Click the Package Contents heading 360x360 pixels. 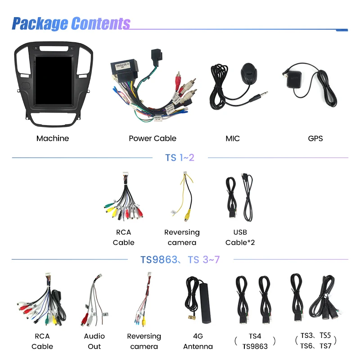point(71,23)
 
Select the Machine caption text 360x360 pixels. point(53,139)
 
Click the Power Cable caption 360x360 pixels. point(153,139)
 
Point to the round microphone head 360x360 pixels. point(249,72)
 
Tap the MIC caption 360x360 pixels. point(233,139)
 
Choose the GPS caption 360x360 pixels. point(315,139)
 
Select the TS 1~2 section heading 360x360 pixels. point(180,158)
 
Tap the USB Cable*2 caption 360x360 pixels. point(240,238)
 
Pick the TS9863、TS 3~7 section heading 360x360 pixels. point(180,260)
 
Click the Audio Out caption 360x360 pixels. point(94,341)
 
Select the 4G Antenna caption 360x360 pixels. point(198,341)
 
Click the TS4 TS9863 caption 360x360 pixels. point(255,341)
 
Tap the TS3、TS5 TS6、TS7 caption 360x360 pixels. point(316,341)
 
